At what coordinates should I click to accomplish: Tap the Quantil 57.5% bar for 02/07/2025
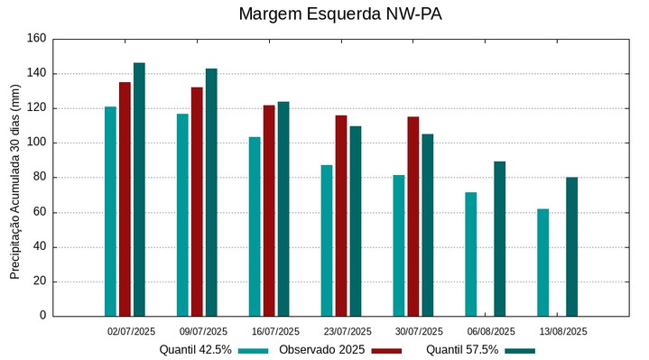[x=139, y=189]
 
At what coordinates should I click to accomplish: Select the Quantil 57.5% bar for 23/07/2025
[x=356, y=221]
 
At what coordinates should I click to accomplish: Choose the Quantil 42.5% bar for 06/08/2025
[x=470, y=254]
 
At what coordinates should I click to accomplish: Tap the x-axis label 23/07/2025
[x=347, y=331]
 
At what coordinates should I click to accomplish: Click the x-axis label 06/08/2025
[x=491, y=331]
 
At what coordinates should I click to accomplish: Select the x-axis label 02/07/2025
[x=131, y=331]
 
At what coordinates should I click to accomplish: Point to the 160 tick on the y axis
[x=36, y=39]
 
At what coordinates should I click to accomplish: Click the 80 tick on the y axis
[x=39, y=178]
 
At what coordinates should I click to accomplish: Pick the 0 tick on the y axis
[x=42, y=316]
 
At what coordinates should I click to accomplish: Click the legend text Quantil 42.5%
[x=195, y=349]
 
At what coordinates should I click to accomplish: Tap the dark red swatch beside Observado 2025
[x=386, y=350]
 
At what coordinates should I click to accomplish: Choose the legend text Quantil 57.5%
[x=461, y=349]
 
